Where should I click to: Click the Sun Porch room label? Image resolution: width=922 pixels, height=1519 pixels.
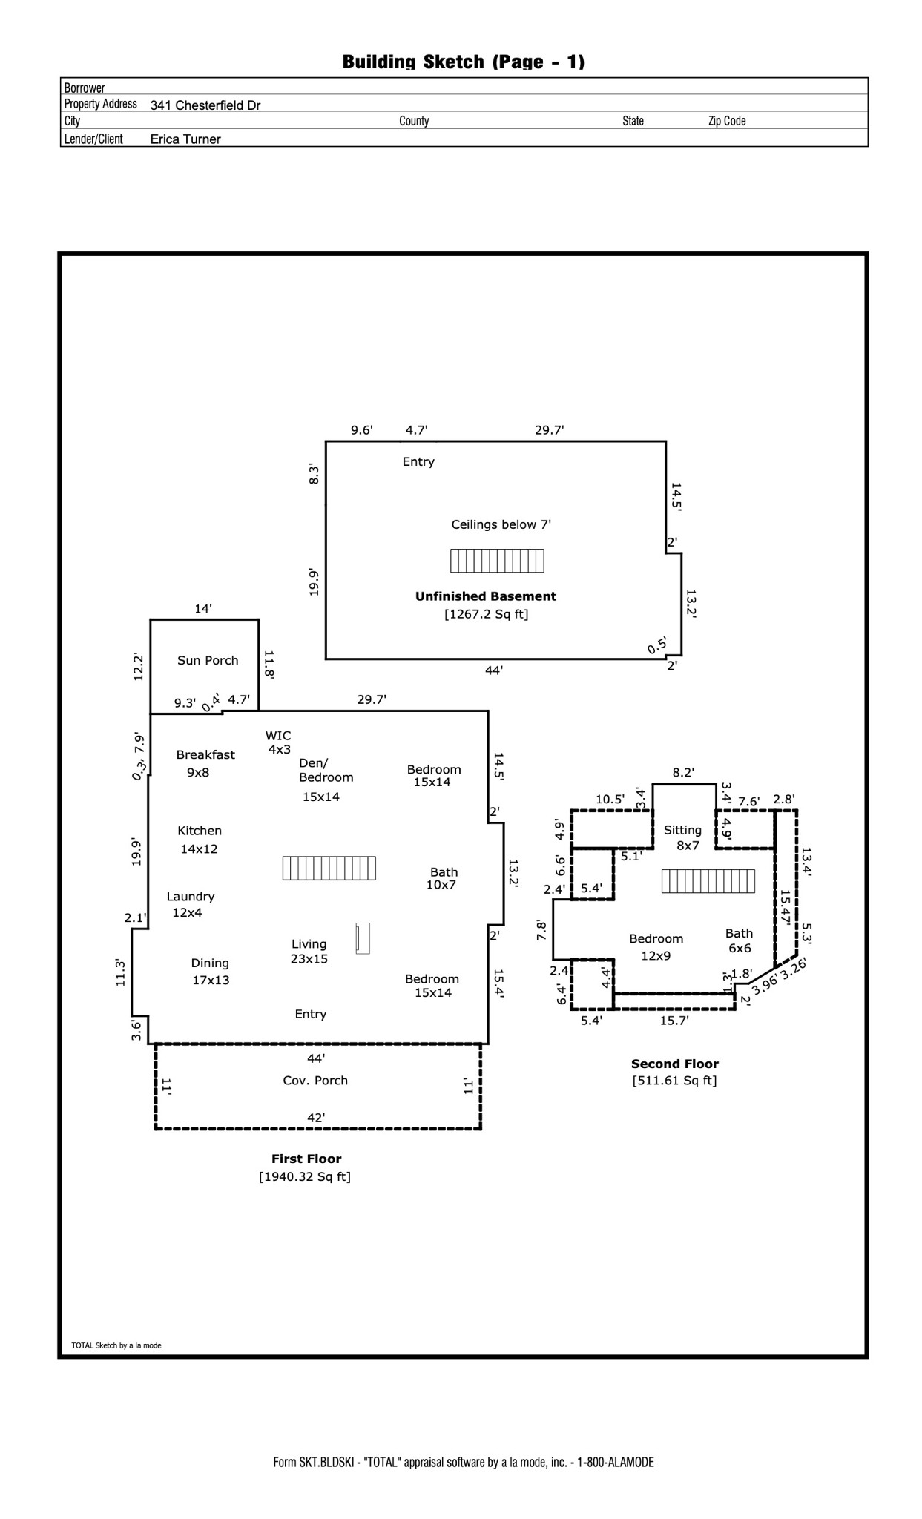click(x=208, y=660)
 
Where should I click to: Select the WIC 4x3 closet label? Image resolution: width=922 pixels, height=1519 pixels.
click(x=278, y=742)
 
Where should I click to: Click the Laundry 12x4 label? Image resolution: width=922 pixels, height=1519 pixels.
click(x=190, y=904)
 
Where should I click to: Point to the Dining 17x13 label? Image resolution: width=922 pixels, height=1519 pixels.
click(x=210, y=971)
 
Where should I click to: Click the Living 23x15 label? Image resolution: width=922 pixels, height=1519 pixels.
click(x=309, y=951)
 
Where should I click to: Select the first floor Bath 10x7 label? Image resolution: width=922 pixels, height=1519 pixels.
click(x=443, y=878)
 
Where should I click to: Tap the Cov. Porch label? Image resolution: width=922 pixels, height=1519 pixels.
click(x=315, y=1081)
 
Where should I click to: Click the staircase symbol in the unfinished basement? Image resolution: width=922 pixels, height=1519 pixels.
click(x=497, y=561)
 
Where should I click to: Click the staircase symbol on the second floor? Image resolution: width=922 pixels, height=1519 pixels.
click(x=708, y=881)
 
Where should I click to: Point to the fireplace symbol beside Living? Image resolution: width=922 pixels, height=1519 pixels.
click(x=363, y=938)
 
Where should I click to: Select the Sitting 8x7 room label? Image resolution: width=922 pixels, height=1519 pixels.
click(x=683, y=837)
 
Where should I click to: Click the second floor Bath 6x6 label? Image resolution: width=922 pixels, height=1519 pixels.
click(x=739, y=940)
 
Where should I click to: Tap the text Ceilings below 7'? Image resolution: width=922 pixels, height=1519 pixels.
click(x=501, y=525)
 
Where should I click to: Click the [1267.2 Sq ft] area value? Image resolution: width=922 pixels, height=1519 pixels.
click(x=486, y=614)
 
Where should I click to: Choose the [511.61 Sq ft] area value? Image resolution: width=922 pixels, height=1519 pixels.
click(x=674, y=1081)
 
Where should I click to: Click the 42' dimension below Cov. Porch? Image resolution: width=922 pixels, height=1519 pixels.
click(x=317, y=1117)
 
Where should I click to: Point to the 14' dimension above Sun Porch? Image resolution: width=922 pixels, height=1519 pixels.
click(x=203, y=609)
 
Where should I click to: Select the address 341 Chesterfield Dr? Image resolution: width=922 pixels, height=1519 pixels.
click(x=205, y=105)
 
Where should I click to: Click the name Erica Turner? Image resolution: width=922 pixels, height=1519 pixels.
click(x=185, y=139)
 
